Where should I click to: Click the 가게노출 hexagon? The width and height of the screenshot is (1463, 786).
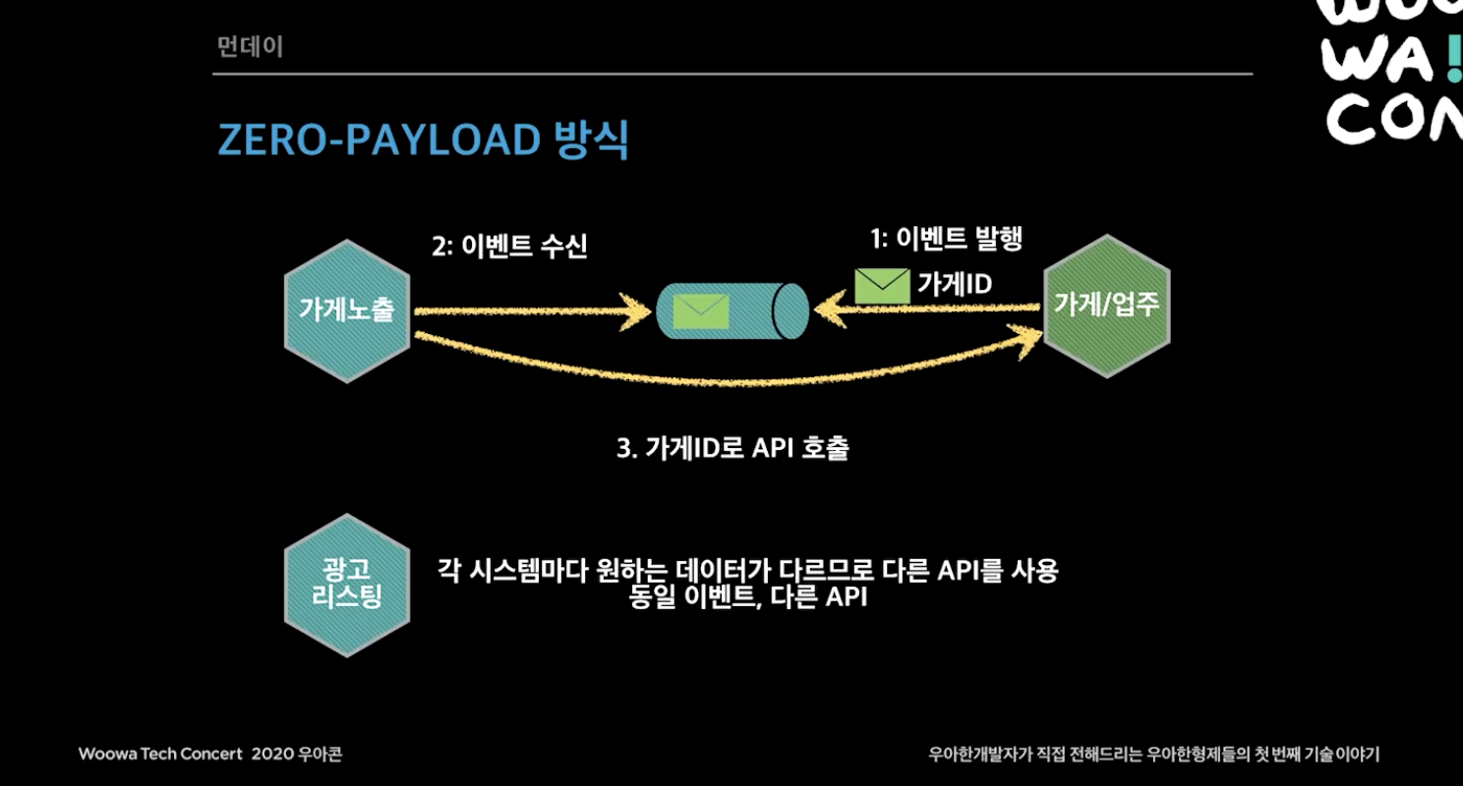click(347, 310)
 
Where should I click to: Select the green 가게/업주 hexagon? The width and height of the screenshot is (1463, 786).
click(1106, 306)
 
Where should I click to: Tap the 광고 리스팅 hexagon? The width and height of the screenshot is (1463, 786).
click(347, 585)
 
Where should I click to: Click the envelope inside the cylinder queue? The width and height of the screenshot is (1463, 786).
click(701, 311)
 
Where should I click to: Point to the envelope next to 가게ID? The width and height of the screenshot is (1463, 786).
click(882, 286)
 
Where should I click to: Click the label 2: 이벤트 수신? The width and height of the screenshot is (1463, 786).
click(509, 246)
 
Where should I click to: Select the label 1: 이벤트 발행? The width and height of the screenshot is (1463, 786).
click(947, 239)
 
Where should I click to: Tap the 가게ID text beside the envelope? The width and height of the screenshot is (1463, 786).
click(955, 284)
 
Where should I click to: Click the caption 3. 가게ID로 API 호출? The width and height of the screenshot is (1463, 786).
click(732, 448)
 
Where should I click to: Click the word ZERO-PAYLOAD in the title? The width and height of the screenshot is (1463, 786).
click(379, 140)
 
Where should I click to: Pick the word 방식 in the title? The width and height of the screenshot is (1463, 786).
click(591, 139)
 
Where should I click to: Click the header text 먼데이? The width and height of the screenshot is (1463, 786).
click(250, 47)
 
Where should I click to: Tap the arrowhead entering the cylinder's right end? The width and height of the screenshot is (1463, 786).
click(830, 309)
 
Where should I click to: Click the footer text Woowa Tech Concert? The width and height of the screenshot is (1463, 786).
click(160, 754)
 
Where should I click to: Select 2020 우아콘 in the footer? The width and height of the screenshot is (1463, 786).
click(297, 754)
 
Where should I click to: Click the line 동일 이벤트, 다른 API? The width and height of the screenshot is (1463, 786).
click(748, 596)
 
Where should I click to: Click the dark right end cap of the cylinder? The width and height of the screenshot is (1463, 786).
click(790, 310)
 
